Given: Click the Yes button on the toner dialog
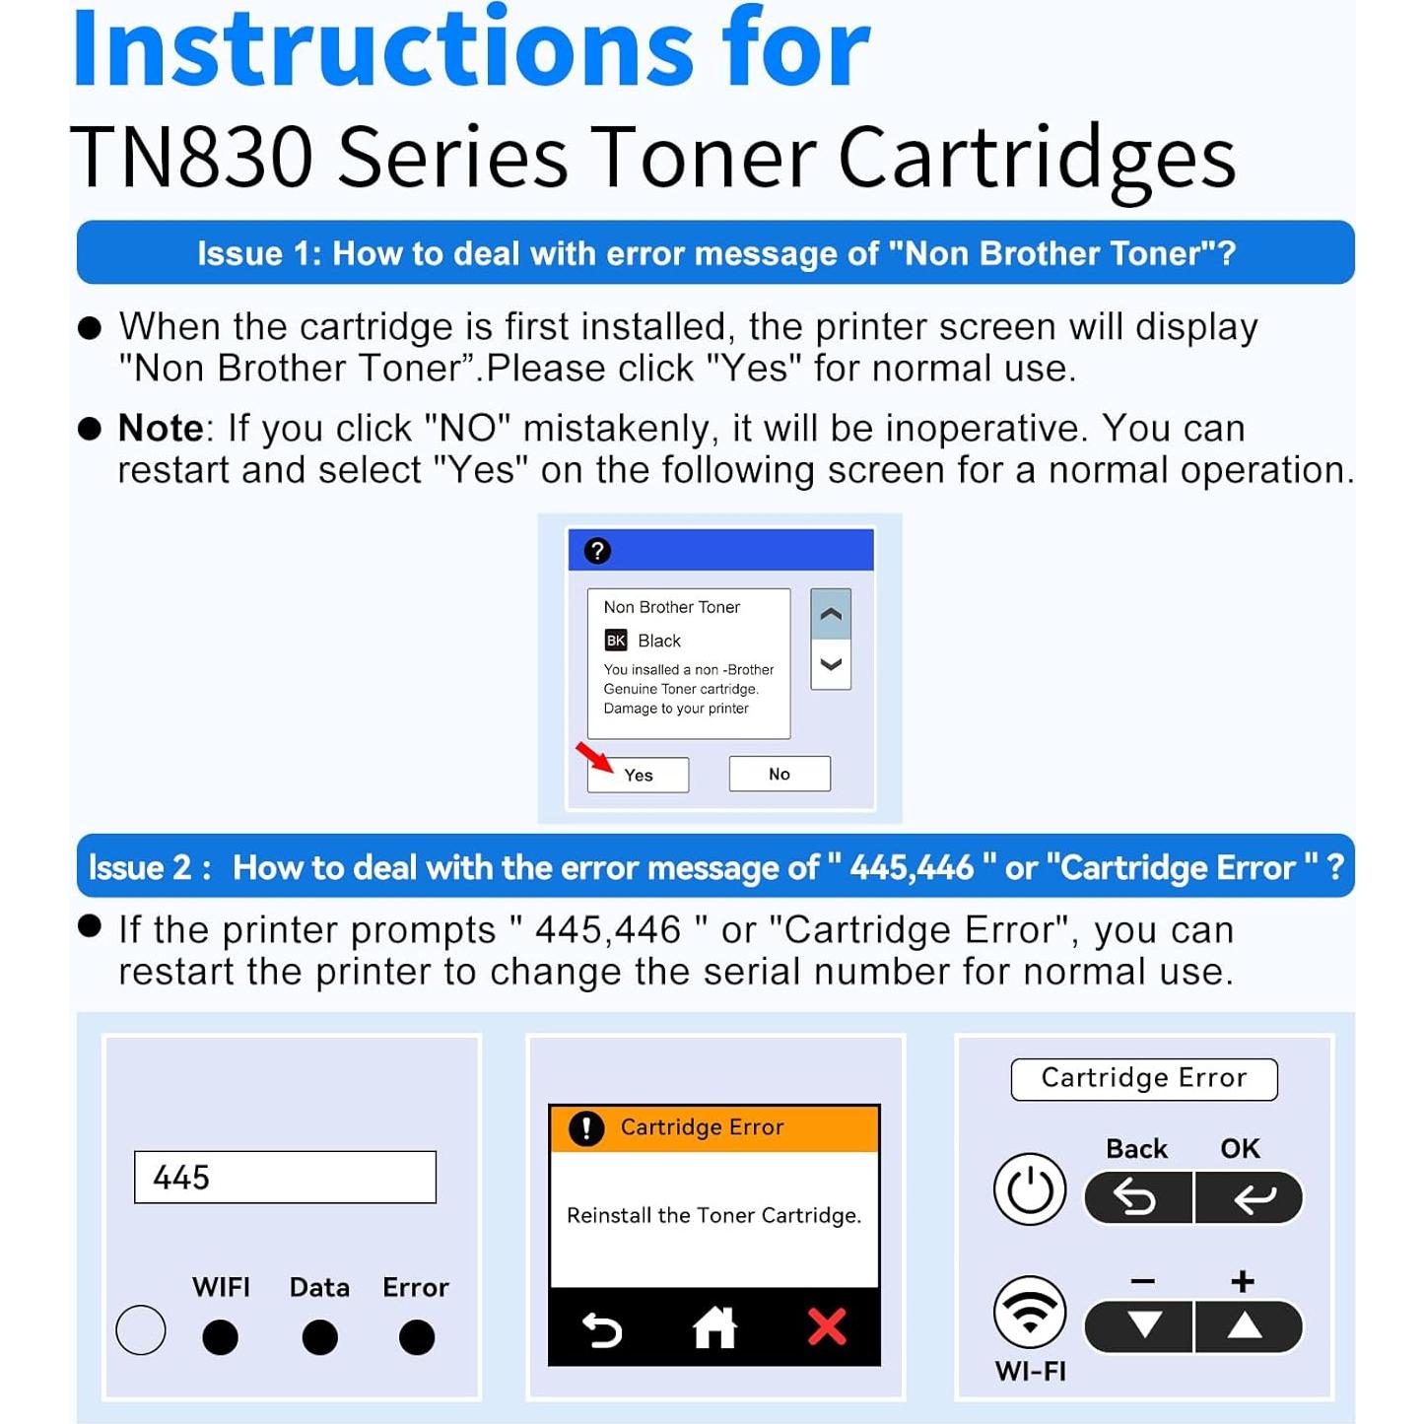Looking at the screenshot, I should pos(638,775).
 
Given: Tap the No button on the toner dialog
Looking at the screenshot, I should pos(780,774).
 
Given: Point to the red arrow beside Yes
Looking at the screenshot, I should pos(594,758).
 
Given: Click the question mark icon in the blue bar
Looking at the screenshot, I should pos(597,551).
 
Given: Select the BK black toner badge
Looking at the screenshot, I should pos(616,641).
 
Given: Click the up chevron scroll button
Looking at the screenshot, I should pos(831,614).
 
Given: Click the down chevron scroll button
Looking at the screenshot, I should pos(831,664).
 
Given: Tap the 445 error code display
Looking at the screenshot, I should pos(285,1177).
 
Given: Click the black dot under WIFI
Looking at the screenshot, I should pos(220,1337).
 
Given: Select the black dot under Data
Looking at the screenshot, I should pos(319,1337).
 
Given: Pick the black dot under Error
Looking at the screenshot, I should pos(416,1337).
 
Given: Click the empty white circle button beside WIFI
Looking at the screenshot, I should pos(141,1330).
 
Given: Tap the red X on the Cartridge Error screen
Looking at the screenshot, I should pos(827,1326).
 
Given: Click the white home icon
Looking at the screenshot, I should pos(714,1327).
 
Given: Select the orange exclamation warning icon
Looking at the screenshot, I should pos(586,1127).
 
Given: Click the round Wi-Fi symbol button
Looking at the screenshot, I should pos(1030,1312).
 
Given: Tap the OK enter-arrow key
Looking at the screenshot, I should pos(1251,1197).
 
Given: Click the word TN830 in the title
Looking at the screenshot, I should pos(192,158).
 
